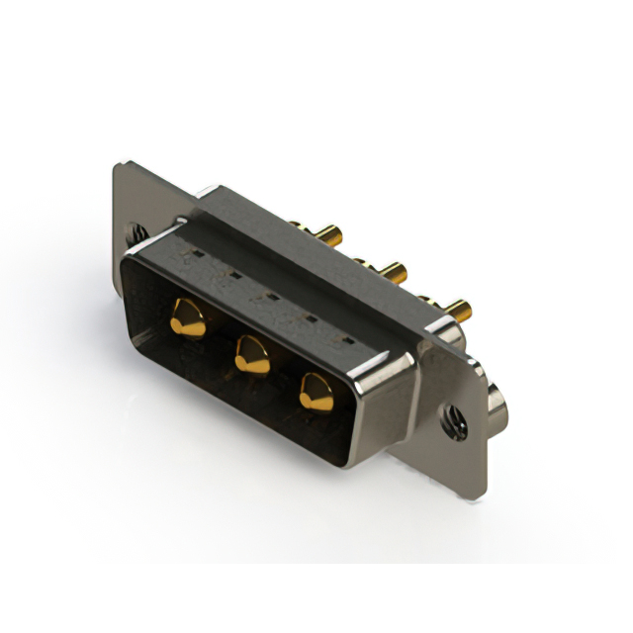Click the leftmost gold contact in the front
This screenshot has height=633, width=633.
(x=187, y=318)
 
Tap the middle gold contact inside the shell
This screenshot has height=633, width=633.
(x=252, y=354)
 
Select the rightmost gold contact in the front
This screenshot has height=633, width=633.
(x=316, y=392)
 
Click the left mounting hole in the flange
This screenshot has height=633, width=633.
(x=136, y=234)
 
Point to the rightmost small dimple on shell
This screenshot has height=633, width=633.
(x=345, y=338)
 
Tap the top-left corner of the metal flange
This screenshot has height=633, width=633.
(x=119, y=164)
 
